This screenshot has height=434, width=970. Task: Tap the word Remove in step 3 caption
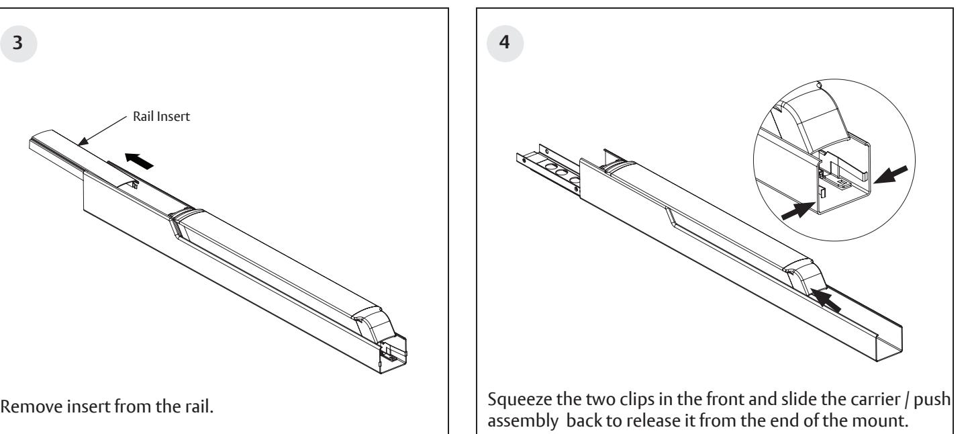coord(19,408)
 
